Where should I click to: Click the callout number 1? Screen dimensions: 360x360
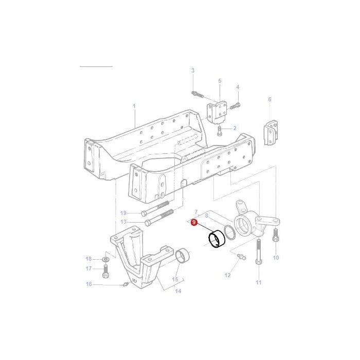[x=134, y=107]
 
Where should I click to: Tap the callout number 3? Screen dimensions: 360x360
[x=193, y=70]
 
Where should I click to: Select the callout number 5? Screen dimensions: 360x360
[x=220, y=81]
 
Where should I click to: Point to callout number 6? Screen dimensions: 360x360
[x=269, y=99]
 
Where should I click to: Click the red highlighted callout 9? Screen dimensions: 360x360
[x=193, y=222]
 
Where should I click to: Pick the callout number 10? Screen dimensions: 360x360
[x=276, y=258]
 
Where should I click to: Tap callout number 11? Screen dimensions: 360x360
[x=258, y=282]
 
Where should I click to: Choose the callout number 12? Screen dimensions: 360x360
[x=228, y=275]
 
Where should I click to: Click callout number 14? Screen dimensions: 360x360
[x=178, y=291]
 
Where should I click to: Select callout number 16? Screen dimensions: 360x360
[x=89, y=284]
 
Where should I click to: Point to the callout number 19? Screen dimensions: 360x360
[x=123, y=213]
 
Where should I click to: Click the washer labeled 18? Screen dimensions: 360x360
[x=105, y=258]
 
